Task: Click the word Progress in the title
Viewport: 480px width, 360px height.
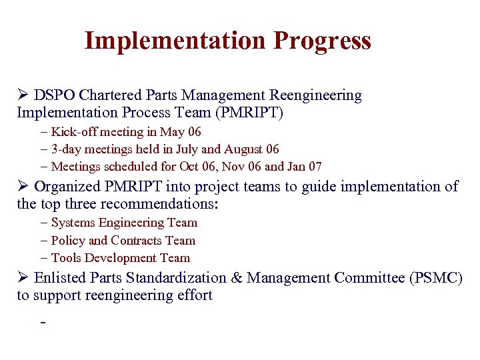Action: point(322,41)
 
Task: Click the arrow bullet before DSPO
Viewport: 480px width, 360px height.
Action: point(23,96)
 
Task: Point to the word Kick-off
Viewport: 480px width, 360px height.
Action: point(74,132)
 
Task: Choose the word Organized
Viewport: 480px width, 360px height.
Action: point(68,187)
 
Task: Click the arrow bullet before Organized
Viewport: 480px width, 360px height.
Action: point(23,187)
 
